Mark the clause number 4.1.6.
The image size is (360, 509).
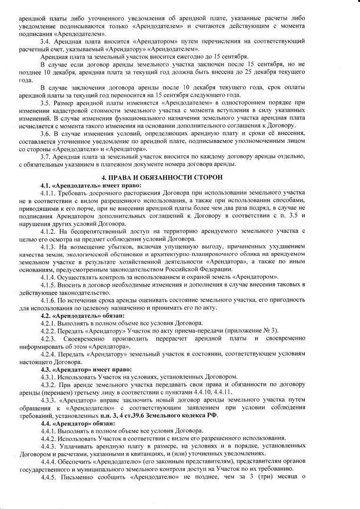click(49, 300)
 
